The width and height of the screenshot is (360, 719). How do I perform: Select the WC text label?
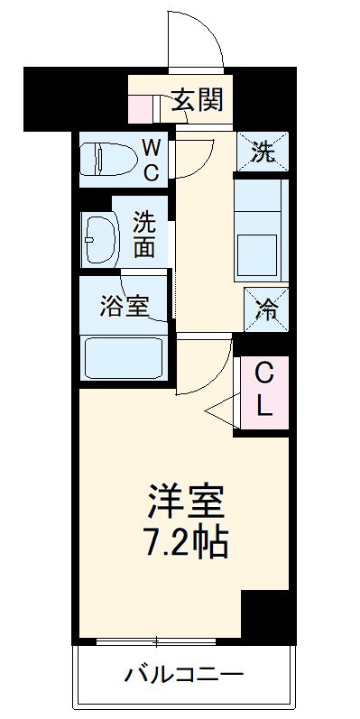coord(152,159)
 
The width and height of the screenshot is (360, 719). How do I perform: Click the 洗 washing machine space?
coord(263,151)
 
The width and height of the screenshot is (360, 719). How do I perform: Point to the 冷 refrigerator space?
coord(265,307)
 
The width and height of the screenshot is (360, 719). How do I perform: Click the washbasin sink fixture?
coord(98,238)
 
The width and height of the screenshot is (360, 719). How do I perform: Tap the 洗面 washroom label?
coord(144,233)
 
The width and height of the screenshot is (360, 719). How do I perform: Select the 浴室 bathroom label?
coord(124,305)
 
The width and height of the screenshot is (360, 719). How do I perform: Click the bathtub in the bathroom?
coord(123,357)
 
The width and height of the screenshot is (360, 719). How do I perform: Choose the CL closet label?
coord(263,388)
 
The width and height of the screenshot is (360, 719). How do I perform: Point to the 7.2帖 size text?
coord(186,541)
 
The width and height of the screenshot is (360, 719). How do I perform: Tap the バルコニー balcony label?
coord(184,674)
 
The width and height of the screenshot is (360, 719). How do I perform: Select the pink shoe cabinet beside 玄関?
coord(141,106)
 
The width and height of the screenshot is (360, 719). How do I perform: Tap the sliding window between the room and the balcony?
coord(158,642)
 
